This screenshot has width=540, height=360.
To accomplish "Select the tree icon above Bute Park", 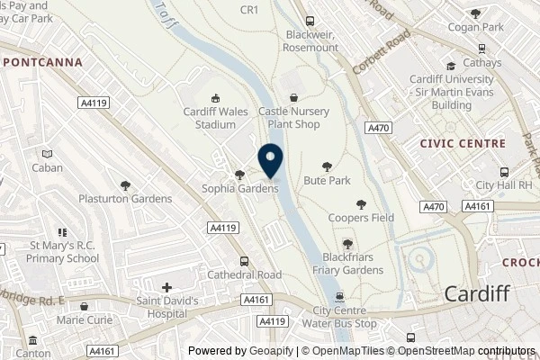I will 328,166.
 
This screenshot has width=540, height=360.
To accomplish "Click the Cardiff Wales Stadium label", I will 215,118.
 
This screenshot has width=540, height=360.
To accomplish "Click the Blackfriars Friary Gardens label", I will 348,265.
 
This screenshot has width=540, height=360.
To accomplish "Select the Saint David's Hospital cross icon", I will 166,287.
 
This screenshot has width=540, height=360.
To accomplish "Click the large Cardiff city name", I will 478,293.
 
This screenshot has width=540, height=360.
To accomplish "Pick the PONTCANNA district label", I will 42,62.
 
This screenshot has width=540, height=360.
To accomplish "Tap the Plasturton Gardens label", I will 125,199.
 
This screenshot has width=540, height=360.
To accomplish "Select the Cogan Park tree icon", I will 475,13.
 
